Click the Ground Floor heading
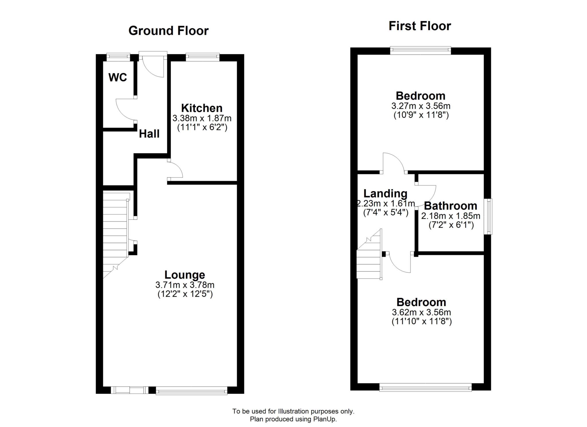pos(168,31)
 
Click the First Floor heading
pos(420,26)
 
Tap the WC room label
pos(118,77)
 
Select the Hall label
pos(149,134)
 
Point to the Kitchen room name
pos(202,108)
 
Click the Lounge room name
pos(185,275)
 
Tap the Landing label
pos(385,194)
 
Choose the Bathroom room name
pos(451,206)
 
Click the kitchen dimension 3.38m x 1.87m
pos(202,118)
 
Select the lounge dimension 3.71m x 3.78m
pos(185,285)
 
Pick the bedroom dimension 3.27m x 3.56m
pos(421,106)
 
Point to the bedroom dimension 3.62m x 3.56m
pos(421,312)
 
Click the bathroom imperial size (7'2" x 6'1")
pos(451,225)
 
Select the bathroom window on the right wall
pos(488,217)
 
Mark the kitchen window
pos(202,57)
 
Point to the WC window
pos(118,56)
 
